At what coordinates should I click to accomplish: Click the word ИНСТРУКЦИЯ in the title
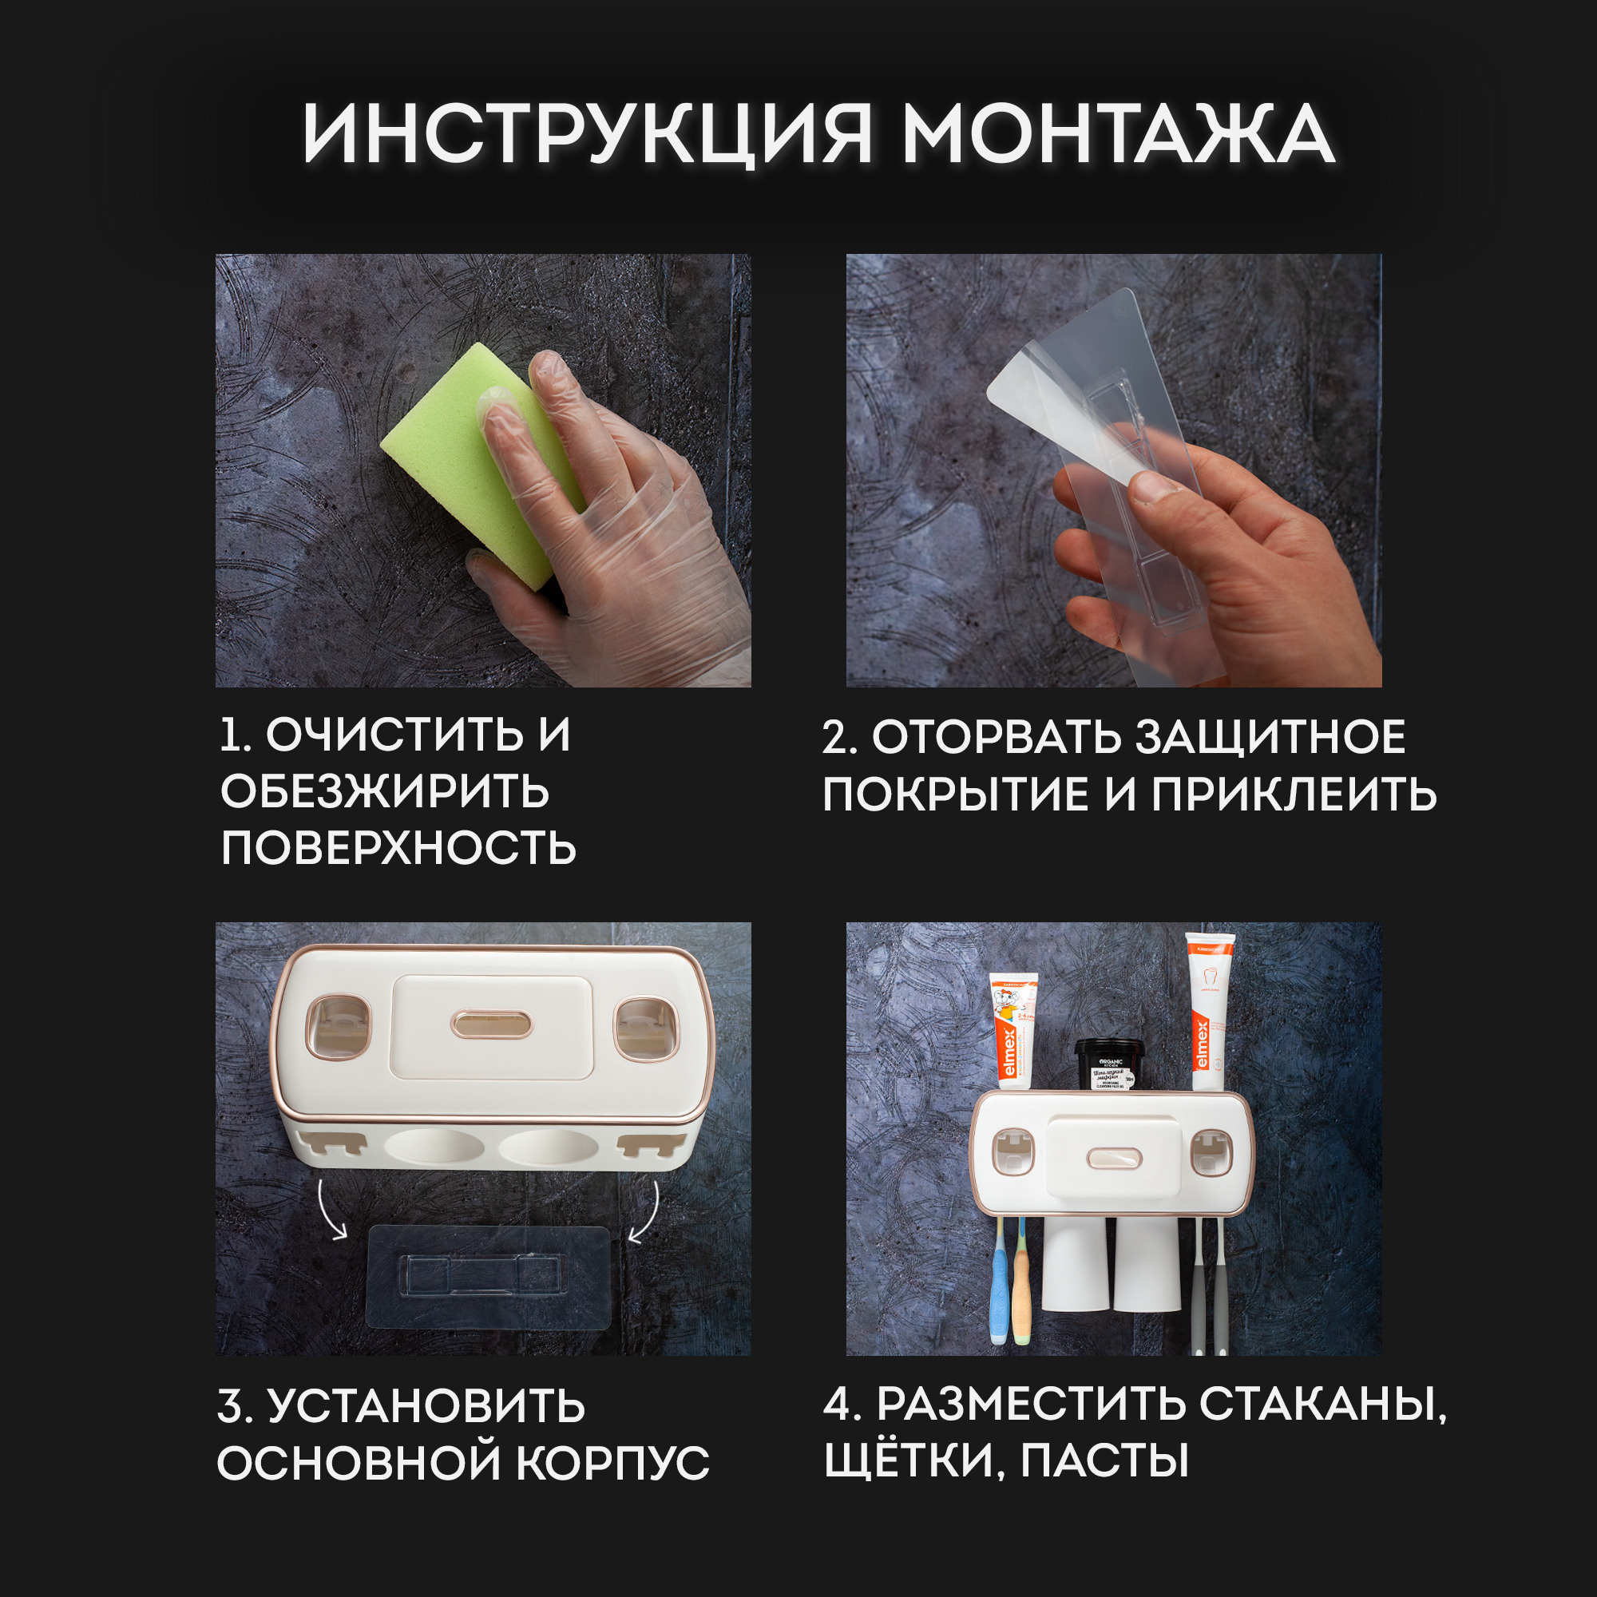pos(587,135)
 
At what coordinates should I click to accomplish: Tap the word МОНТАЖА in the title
pos(1118,135)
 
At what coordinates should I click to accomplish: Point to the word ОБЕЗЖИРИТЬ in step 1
pos(384,791)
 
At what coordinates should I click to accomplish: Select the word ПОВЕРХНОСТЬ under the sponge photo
pos(398,848)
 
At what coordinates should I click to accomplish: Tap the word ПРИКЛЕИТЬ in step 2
pos(1294,795)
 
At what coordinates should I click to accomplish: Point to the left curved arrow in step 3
pos(331,1211)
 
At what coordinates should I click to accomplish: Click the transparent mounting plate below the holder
pos(488,1277)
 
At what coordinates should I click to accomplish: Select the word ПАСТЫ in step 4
pos(1104,1460)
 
